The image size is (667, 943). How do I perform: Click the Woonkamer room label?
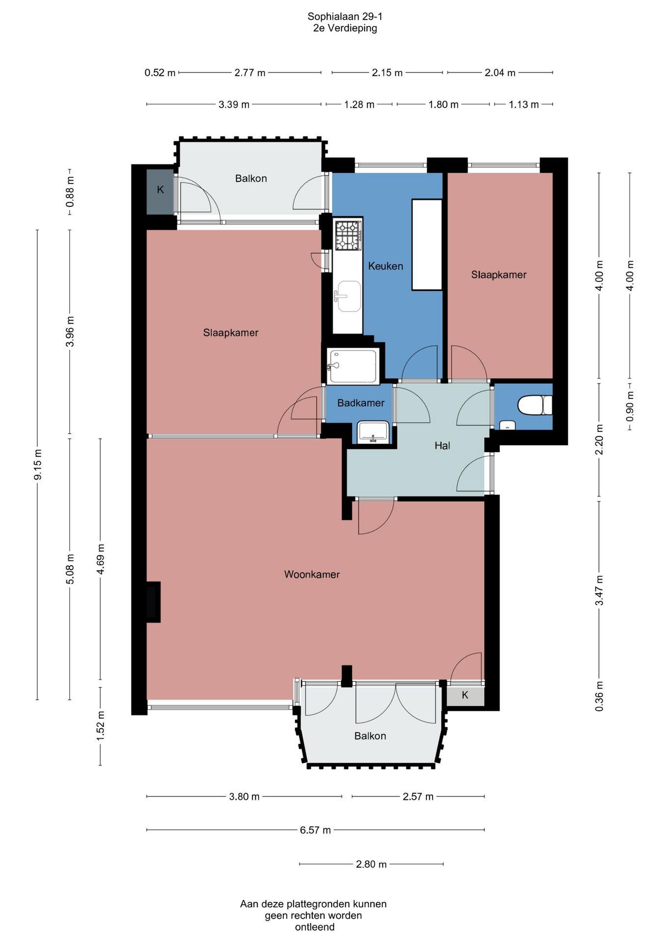pyautogui.click(x=312, y=574)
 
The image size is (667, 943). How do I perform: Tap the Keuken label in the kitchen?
pyautogui.click(x=386, y=266)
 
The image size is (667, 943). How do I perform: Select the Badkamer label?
pyautogui.click(x=361, y=403)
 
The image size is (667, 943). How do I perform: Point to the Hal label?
pyautogui.click(x=442, y=445)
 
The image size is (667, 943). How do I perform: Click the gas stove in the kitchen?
pyautogui.click(x=348, y=235)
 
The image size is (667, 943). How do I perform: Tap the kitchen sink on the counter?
pyautogui.click(x=348, y=296)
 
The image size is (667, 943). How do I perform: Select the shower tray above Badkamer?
pyautogui.click(x=353, y=366)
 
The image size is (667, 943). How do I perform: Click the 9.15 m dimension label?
pyautogui.click(x=38, y=465)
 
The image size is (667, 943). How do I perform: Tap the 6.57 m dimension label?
pyautogui.click(x=315, y=830)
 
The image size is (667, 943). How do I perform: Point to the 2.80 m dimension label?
pyautogui.click(x=371, y=864)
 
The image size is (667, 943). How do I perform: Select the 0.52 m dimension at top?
pyautogui.click(x=160, y=73)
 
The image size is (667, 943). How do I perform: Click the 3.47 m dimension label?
pyautogui.click(x=599, y=590)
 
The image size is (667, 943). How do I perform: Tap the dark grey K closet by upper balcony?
pyautogui.click(x=160, y=192)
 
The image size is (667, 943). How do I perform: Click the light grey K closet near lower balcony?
pyautogui.click(x=465, y=695)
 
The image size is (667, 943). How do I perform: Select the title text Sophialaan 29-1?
pyautogui.click(x=345, y=16)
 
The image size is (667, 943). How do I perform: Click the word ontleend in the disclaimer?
pyautogui.click(x=315, y=927)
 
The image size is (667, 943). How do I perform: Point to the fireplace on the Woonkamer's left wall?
pyautogui.click(x=153, y=602)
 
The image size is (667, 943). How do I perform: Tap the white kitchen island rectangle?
pyautogui.click(x=427, y=245)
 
